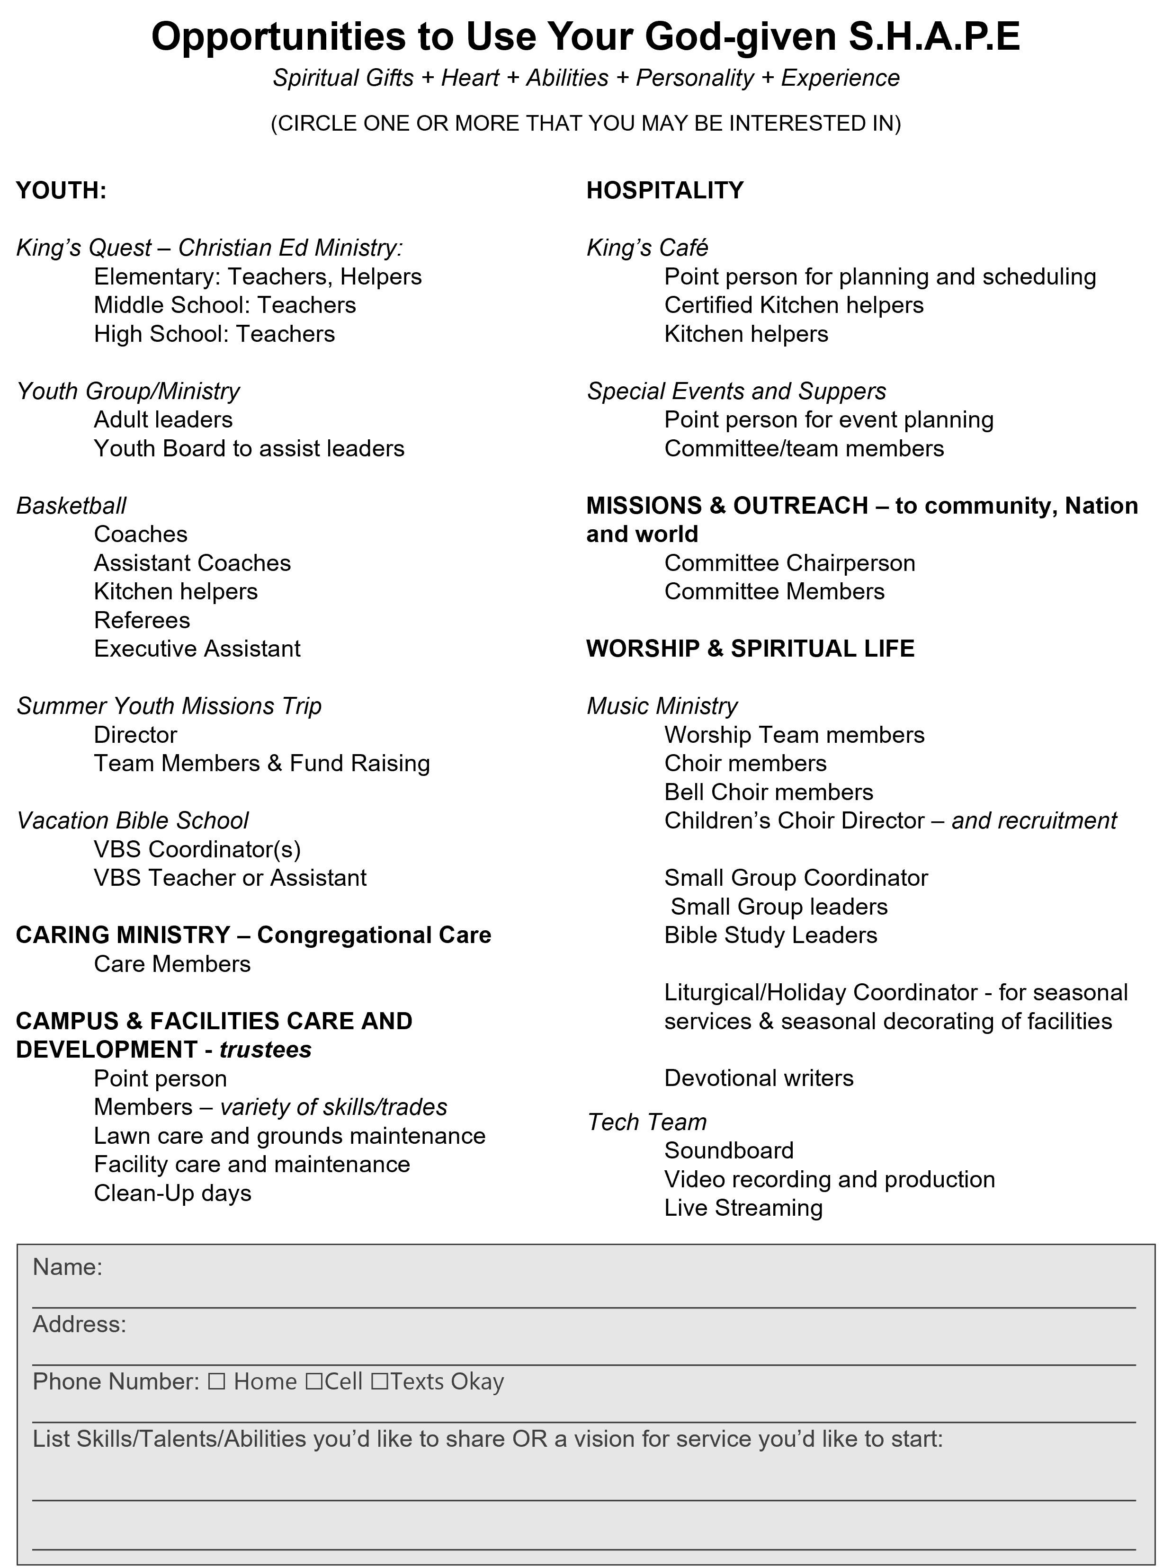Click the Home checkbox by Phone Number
click(x=217, y=1382)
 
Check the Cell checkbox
click(x=314, y=1382)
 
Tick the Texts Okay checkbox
click(x=379, y=1382)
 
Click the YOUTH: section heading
click(x=61, y=191)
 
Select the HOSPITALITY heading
click(x=665, y=191)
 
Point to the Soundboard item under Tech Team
click(x=728, y=1150)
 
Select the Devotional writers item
click(x=758, y=1078)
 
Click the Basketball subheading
click(x=71, y=505)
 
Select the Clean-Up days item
click(x=172, y=1193)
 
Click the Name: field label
click(x=67, y=1267)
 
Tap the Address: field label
click(x=80, y=1324)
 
